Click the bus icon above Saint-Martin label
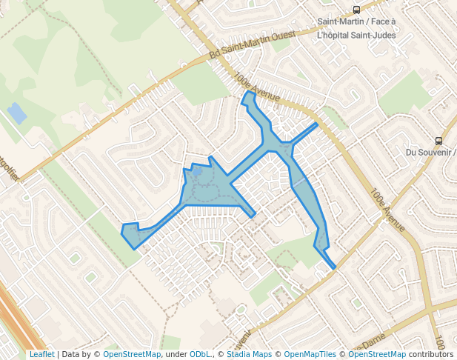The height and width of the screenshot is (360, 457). point(357,10)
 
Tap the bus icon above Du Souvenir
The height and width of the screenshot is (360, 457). point(438,141)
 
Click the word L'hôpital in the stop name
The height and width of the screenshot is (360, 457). point(335,35)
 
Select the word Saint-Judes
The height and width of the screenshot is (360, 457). point(375,35)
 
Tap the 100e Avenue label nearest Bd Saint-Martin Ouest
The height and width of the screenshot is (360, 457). point(256,86)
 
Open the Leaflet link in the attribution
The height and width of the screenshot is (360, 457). point(41,354)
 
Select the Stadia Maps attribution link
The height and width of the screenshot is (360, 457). point(249,354)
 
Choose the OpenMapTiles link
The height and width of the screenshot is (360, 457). point(312,354)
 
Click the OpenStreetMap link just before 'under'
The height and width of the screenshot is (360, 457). point(132,354)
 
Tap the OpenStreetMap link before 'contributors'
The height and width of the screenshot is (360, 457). point(377,354)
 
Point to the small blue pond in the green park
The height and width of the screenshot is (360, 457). point(16,113)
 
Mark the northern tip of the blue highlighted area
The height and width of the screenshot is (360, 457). point(248,93)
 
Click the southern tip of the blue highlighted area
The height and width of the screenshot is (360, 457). point(334,267)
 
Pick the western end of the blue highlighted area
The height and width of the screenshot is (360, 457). point(122,232)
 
